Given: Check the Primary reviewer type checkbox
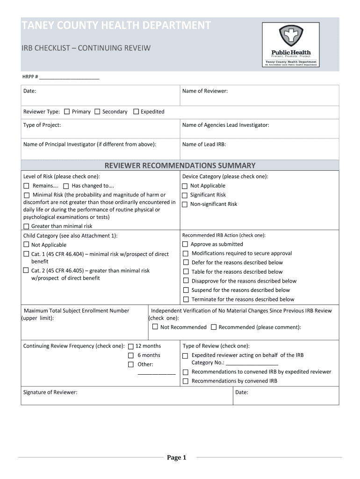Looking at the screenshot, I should coord(67,112).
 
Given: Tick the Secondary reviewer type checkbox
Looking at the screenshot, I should coord(97,112).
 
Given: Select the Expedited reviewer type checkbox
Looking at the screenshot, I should coord(136,112).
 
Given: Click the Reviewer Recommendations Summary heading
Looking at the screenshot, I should coord(180,166).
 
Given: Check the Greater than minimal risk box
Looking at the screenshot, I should coord(27,226).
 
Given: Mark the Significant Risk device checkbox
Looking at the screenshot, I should coord(185,195).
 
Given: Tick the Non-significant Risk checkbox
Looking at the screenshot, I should coord(185,204).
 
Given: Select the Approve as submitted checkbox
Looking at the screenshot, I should coord(186,244).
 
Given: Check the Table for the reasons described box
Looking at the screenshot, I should coord(186,272).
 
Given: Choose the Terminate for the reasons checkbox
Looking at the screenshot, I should coord(186,299).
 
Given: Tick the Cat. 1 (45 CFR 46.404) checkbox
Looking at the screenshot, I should coord(27,254).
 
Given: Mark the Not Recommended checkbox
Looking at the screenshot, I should coord(155,327).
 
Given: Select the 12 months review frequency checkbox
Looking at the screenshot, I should coord(131,346).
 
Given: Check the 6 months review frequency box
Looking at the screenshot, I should coord(131,356).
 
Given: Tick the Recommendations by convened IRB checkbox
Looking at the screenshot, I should coord(186,381).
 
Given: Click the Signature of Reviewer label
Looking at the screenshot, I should coord(50,392).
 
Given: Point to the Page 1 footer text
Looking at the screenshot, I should coord(177,457).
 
